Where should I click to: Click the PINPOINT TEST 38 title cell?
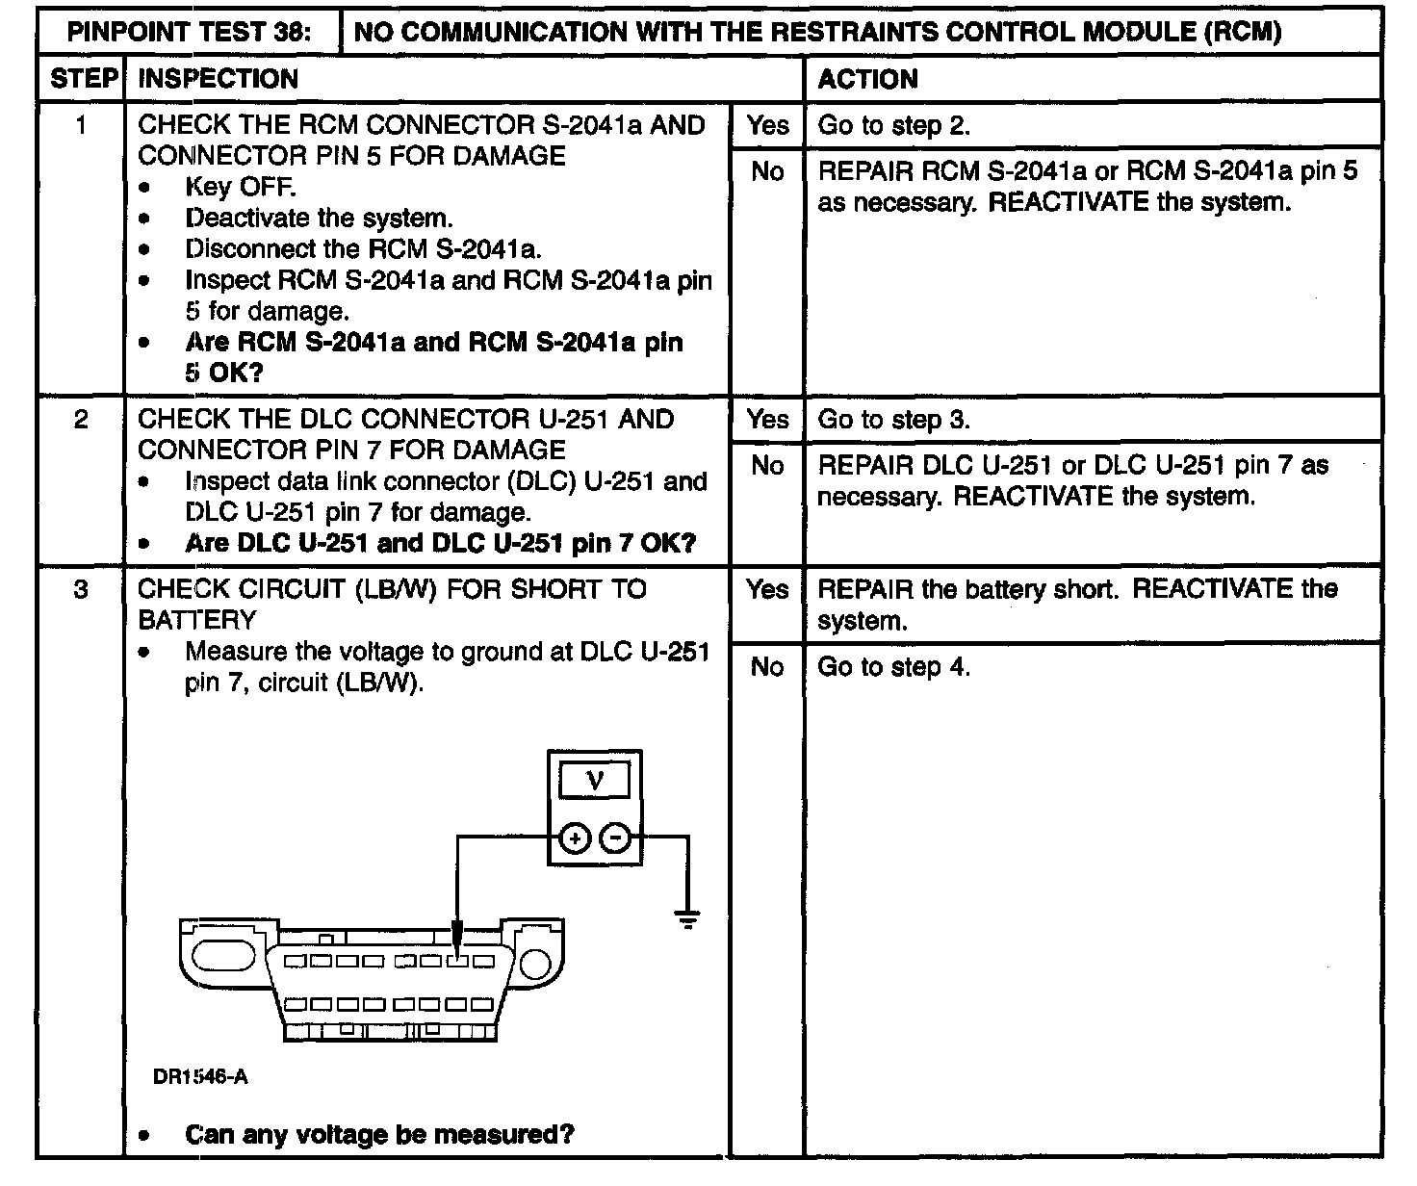pos(189,32)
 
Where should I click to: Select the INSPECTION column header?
pos(218,79)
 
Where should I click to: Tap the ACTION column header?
pos(867,79)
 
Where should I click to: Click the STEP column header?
pos(83,79)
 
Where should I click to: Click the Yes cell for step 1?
pos(767,125)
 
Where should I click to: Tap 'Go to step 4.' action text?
pos(893,667)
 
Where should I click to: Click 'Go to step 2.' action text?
pos(893,125)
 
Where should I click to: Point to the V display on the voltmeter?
pos(595,780)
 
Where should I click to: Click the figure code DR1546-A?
pos(200,1077)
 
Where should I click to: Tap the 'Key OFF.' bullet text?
pos(240,187)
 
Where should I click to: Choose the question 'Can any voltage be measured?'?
pos(379,1135)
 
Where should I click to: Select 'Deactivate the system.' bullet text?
pos(319,219)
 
